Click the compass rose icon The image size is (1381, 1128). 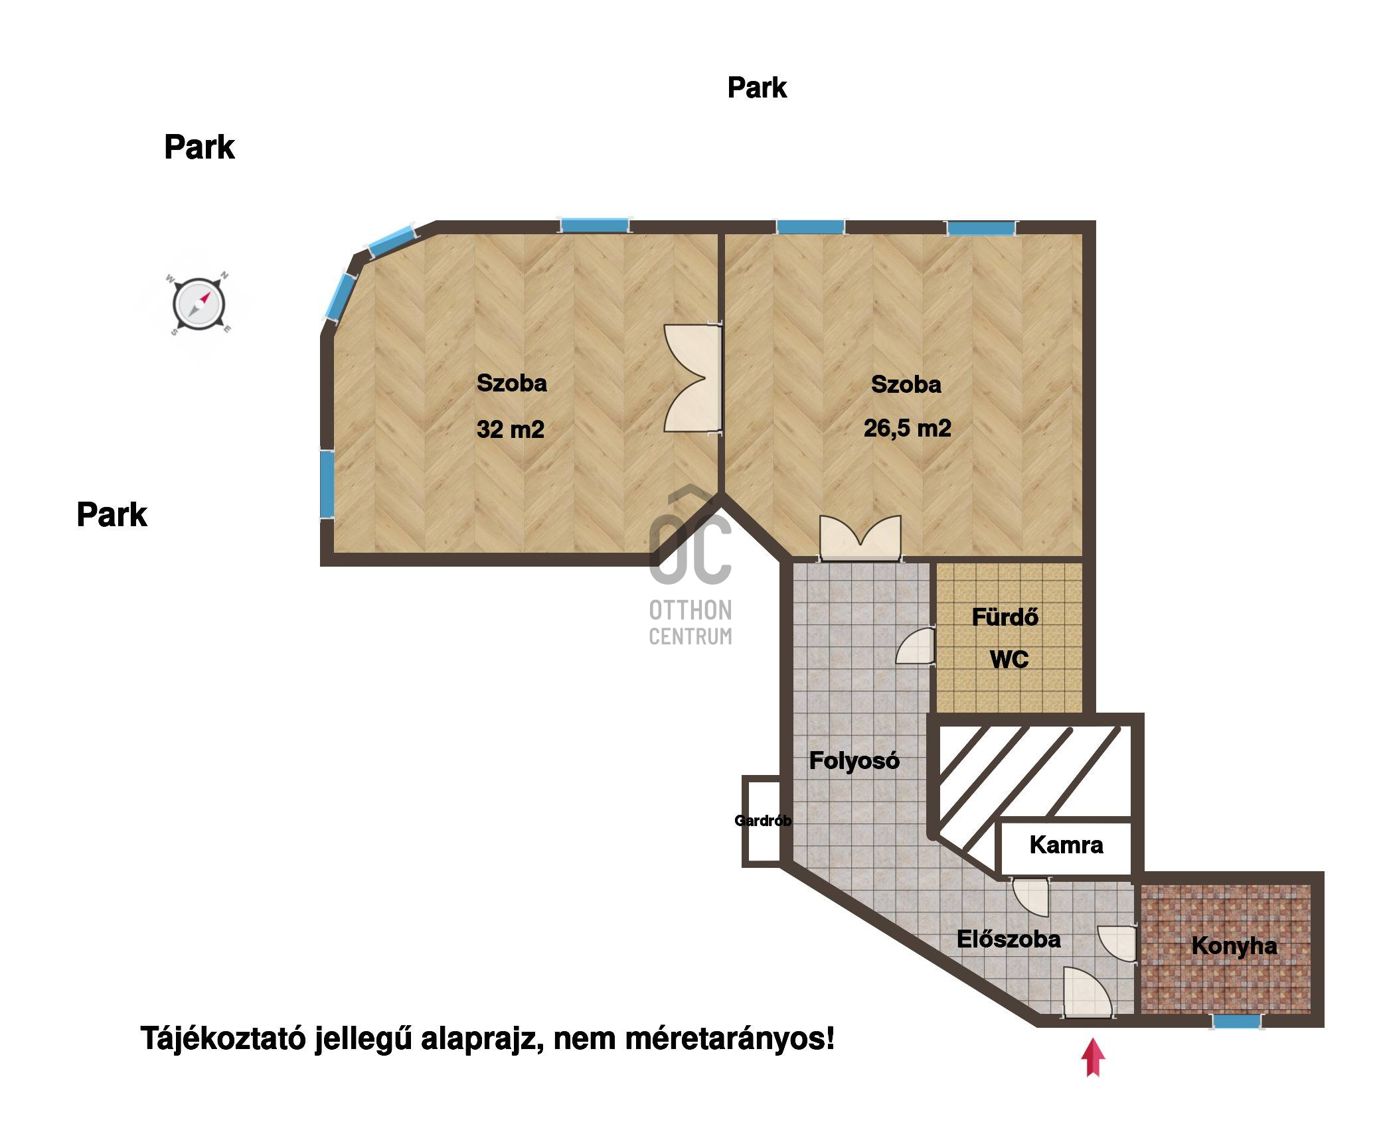click(199, 305)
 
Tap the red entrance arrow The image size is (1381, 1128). click(1093, 1058)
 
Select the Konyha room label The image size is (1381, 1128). click(1234, 946)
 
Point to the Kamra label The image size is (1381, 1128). click(1066, 845)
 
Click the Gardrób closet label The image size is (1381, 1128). click(763, 821)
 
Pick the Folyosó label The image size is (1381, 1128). click(854, 760)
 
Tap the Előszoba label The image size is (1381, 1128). click(1009, 939)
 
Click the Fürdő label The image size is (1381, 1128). click(1005, 617)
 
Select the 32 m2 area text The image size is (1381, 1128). click(511, 429)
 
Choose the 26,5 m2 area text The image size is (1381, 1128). click(908, 428)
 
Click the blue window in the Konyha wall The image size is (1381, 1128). click(1236, 1021)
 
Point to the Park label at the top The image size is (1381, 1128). click(757, 88)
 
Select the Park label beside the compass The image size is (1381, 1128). click(199, 147)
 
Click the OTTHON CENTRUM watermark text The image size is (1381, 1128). click(690, 622)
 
